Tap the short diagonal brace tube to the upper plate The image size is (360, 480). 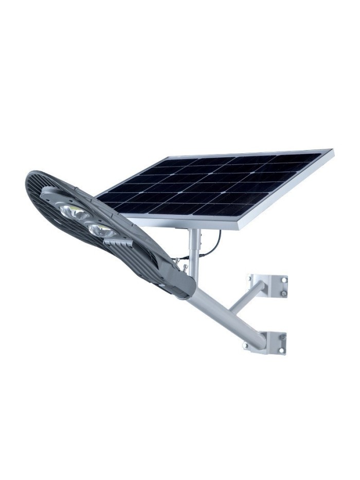pyautogui.click(x=247, y=297)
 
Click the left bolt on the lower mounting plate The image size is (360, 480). pyautogui.click(x=246, y=346)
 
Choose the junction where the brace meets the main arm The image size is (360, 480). pyautogui.click(x=230, y=310)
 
